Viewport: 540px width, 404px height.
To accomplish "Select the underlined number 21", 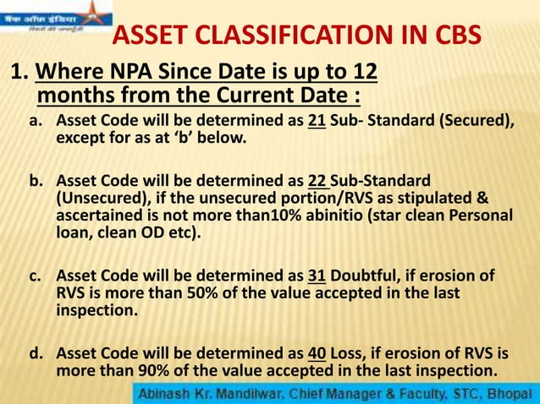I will pyautogui.click(x=317, y=121).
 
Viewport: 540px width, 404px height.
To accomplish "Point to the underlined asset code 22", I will pyautogui.click(x=317, y=180).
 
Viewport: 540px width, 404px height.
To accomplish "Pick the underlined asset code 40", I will pyautogui.click(x=317, y=352).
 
